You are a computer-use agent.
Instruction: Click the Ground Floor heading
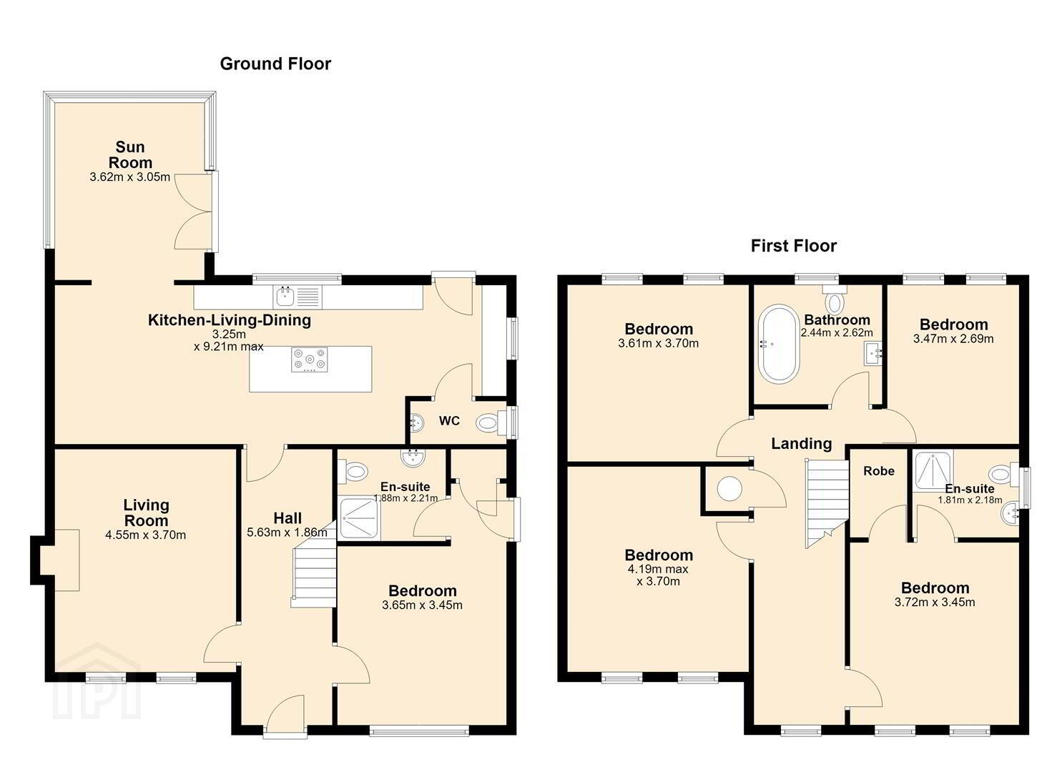click(275, 64)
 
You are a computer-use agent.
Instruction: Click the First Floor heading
click(794, 246)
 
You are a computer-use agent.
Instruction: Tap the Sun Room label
click(130, 154)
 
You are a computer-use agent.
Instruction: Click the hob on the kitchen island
click(309, 360)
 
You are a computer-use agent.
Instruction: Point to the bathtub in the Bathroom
click(779, 344)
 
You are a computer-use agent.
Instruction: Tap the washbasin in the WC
click(416, 422)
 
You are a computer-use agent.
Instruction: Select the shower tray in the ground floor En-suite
click(360, 518)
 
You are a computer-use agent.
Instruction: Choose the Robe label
click(878, 471)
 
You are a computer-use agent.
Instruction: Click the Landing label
click(801, 444)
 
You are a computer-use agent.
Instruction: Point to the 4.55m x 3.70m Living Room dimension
click(146, 535)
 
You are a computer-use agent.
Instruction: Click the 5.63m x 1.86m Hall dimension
click(287, 533)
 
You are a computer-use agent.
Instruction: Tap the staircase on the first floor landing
click(827, 503)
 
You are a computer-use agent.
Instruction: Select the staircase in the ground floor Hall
click(314, 569)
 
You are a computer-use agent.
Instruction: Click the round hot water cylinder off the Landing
click(729, 489)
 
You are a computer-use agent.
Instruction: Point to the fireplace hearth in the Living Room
click(67, 560)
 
